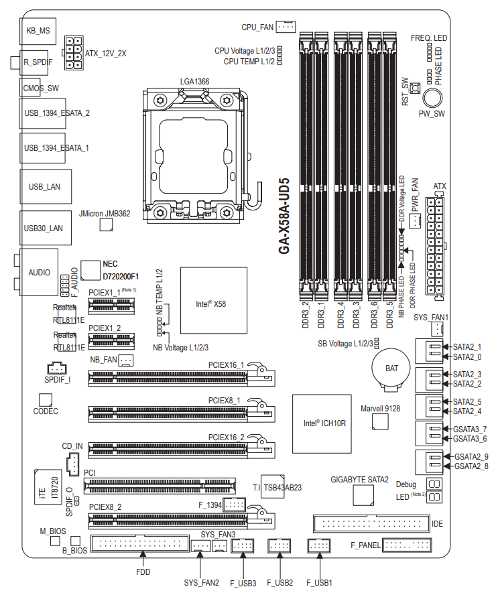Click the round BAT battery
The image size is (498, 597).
point(391,369)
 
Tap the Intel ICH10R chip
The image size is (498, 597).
point(322,423)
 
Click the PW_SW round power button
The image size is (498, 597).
point(432,98)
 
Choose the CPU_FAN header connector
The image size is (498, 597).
point(286,27)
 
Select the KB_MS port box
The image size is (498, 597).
point(38,31)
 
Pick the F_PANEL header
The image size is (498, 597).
point(406,545)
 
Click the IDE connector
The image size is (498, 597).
point(371,522)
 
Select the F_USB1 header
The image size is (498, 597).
point(319,546)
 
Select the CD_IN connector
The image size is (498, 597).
point(72,462)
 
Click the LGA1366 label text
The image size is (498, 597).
point(194,81)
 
